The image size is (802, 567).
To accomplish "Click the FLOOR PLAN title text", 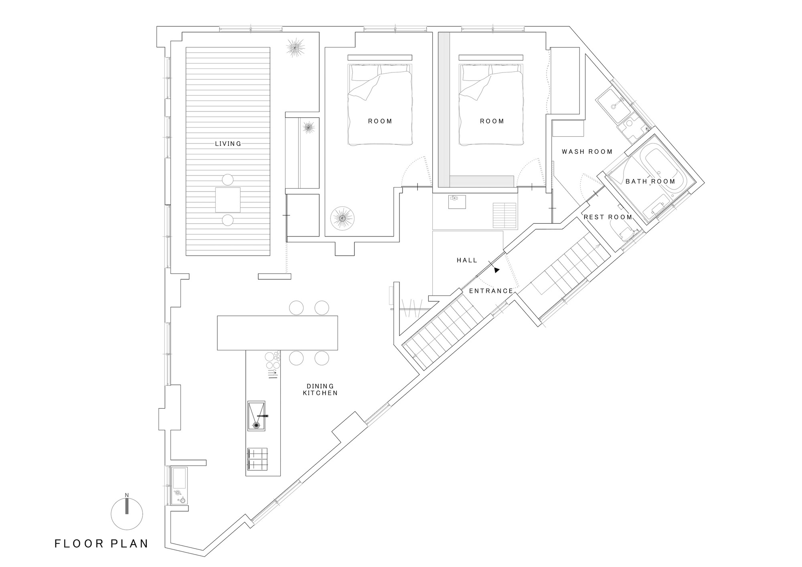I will point(101,544).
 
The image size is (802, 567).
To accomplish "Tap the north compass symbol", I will point(127,513).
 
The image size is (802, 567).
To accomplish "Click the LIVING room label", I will point(228,143).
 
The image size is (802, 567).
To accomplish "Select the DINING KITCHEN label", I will point(320,389).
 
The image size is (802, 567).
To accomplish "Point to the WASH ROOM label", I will point(587,151).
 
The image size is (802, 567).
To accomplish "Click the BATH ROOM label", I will point(650,181).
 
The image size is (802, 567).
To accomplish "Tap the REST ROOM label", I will point(608,217).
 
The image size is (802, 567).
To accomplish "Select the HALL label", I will point(467,260).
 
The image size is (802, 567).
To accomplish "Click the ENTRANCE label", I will point(491,291).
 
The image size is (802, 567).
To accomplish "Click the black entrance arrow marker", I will point(497,270).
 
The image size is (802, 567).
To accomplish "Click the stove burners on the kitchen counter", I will point(257,459).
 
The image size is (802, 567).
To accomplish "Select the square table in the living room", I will point(228,200).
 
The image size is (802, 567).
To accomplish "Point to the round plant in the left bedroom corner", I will point(342,218).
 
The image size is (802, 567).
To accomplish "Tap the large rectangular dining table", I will point(277,333).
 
